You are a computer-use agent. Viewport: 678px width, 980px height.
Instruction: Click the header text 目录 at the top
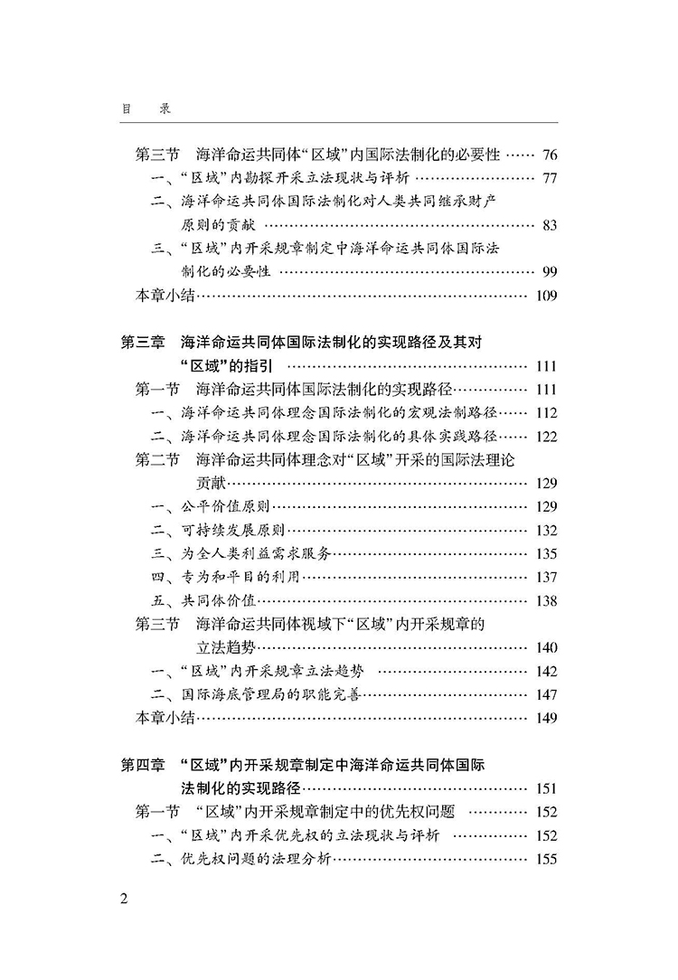click(146, 108)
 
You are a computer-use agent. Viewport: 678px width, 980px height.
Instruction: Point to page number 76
click(550, 154)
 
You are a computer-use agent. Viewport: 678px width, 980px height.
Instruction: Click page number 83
click(550, 224)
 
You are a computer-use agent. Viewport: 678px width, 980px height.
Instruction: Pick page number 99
click(550, 271)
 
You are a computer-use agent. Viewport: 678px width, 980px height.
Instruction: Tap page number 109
click(546, 295)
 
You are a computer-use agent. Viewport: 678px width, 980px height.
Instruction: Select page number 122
click(546, 436)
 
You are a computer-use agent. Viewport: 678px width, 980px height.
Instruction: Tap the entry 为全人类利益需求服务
click(256, 553)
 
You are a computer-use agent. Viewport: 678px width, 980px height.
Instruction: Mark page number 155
click(546, 859)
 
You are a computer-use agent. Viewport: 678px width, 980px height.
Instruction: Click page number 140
click(546, 647)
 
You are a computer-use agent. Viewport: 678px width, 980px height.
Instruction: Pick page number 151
click(546, 788)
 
